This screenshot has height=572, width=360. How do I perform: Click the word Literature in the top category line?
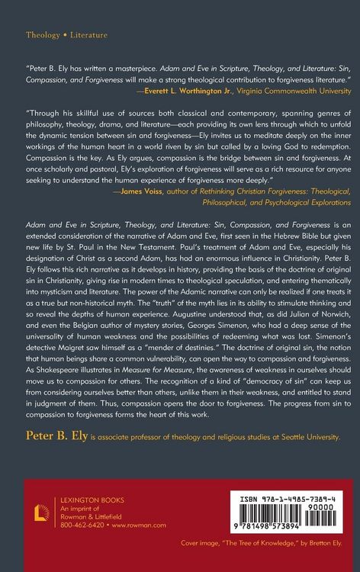[x=88, y=35]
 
